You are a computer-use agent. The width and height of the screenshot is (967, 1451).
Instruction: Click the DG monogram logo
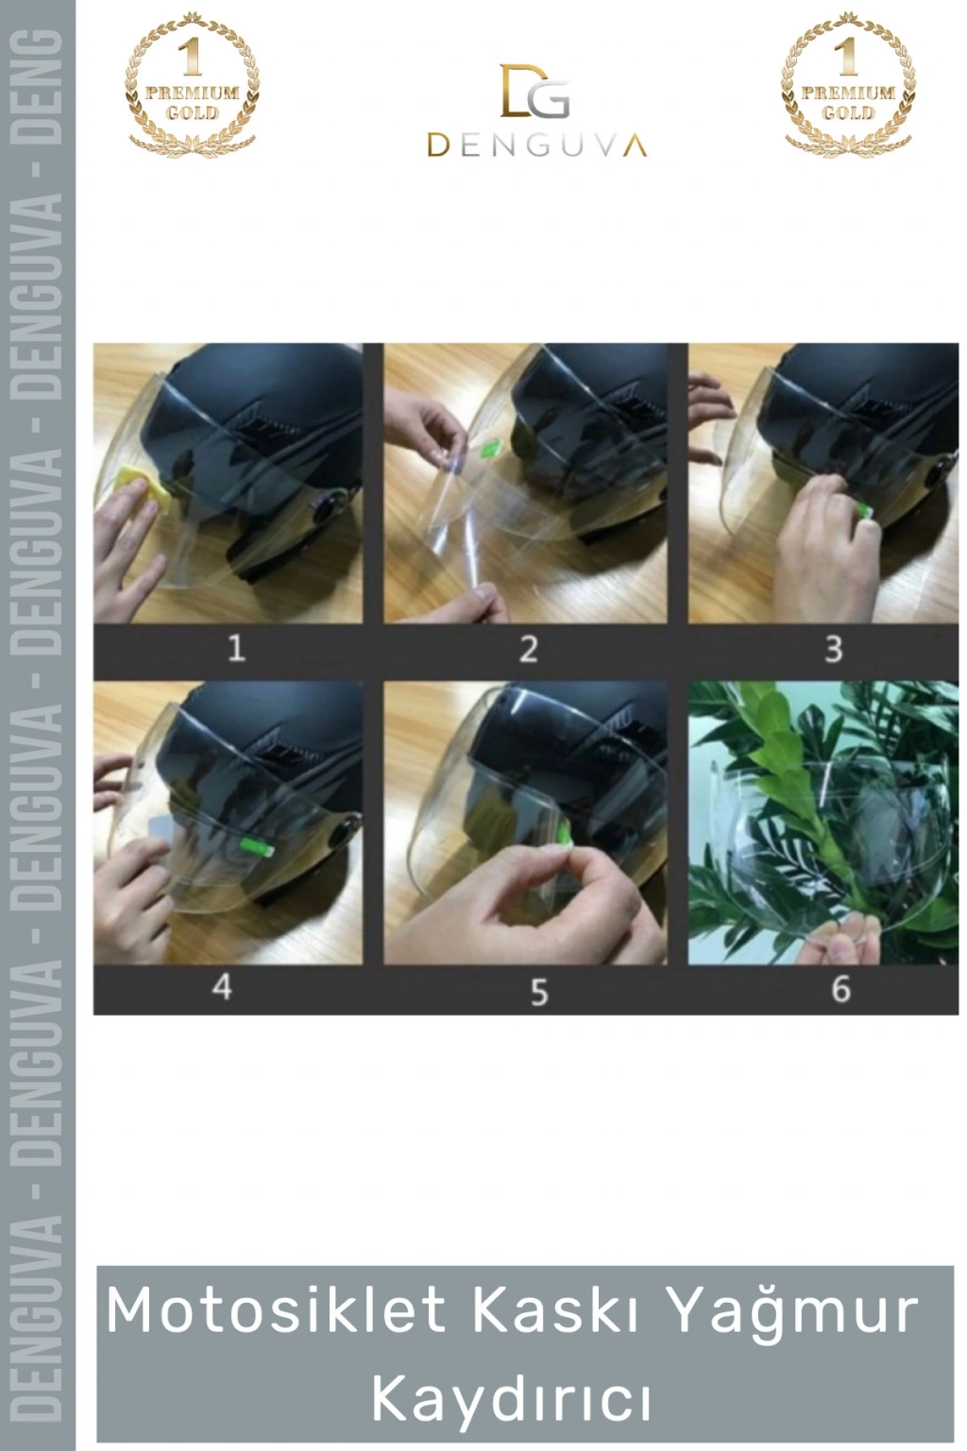tap(534, 91)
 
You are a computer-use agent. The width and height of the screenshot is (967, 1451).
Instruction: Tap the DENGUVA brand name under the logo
tap(536, 145)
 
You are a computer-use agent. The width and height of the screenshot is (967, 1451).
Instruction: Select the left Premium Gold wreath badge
tap(192, 84)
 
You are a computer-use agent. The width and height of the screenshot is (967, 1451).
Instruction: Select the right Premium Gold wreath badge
tap(848, 84)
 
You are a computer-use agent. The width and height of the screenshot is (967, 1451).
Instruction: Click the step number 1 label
tap(236, 648)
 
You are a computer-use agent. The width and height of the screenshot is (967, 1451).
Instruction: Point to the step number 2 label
tap(529, 649)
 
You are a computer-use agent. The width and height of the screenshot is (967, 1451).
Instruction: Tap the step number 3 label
tap(833, 649)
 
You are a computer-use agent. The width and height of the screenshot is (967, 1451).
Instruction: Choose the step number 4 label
tap(222, 987)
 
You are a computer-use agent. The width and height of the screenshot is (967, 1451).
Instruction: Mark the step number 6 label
tap(840, 989)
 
